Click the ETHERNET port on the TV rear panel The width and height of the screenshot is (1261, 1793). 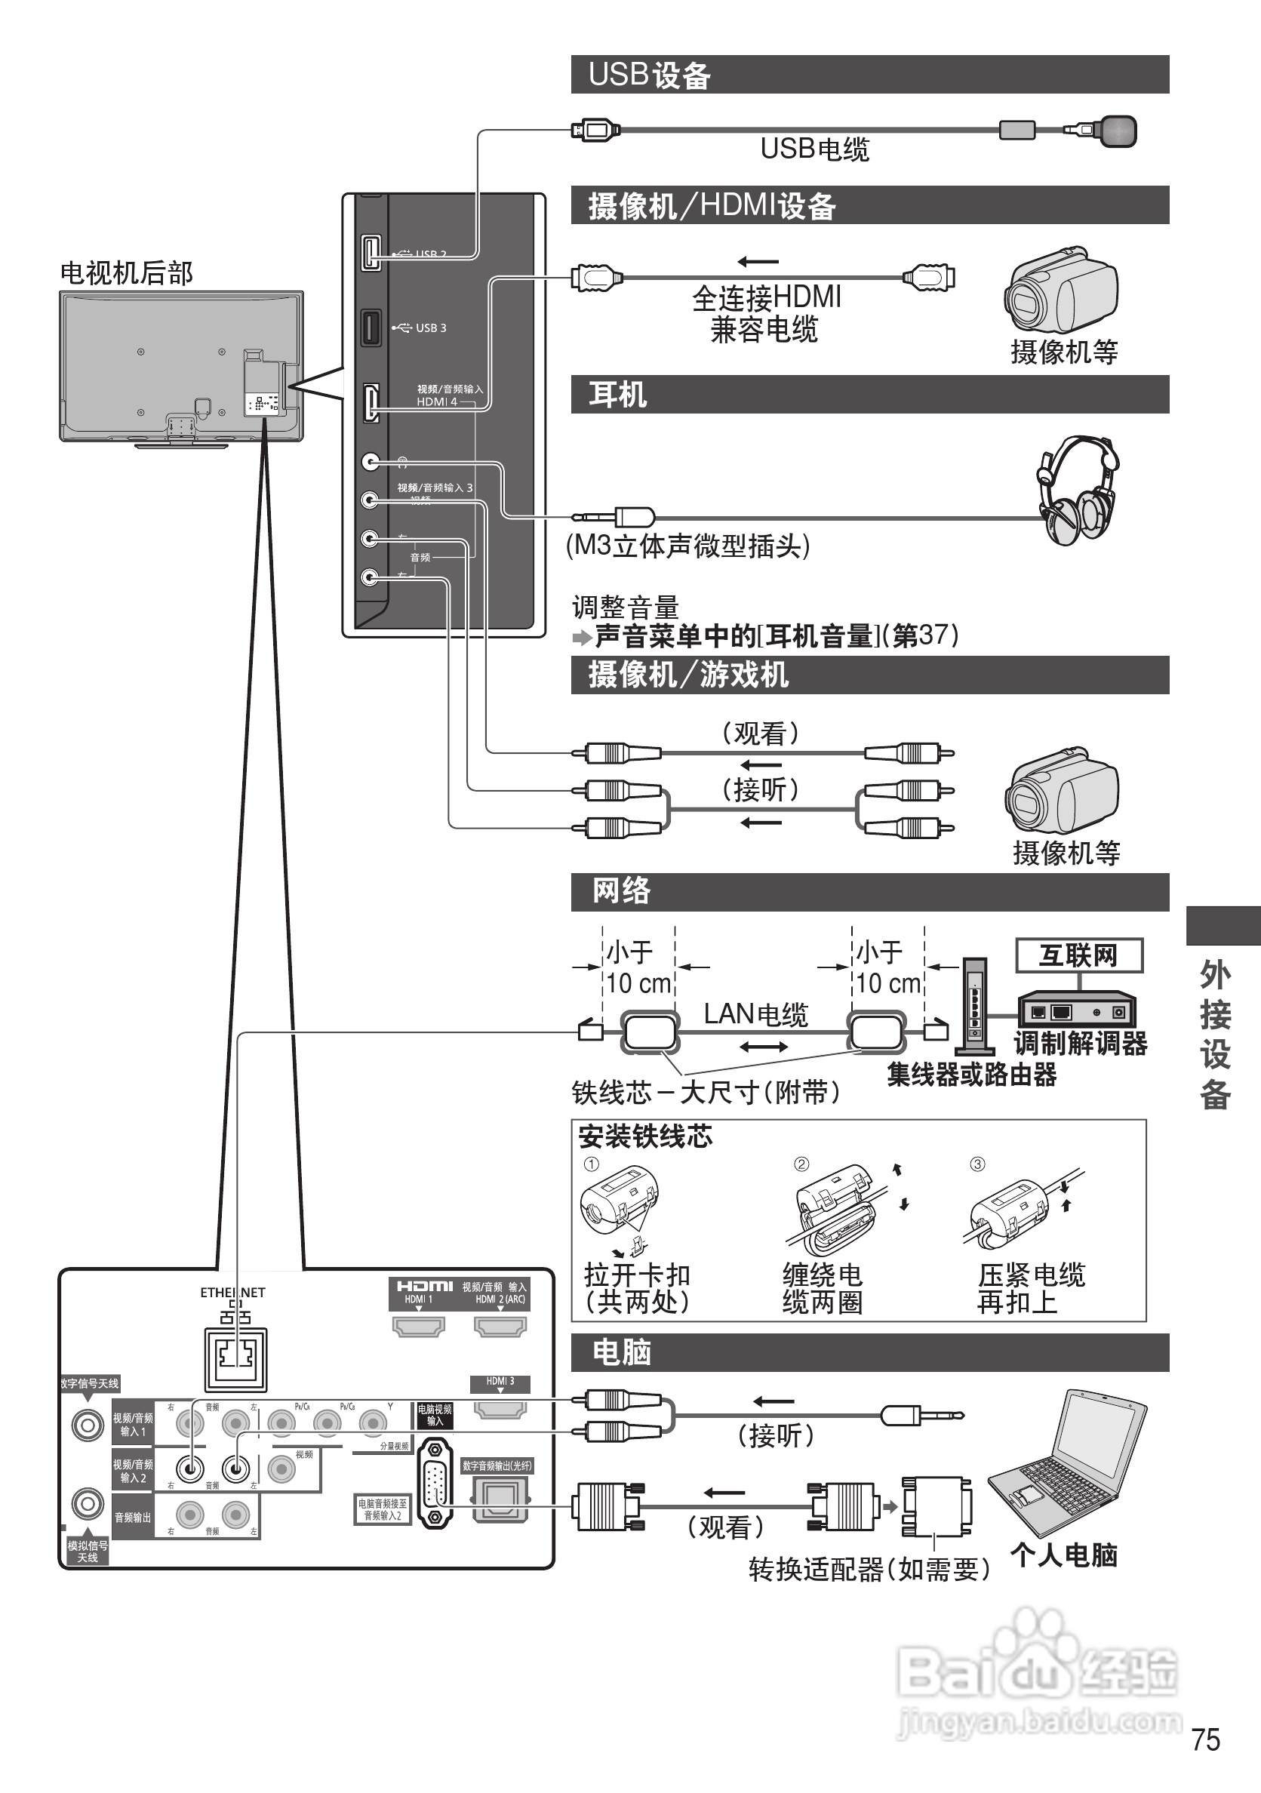coord(235,1358)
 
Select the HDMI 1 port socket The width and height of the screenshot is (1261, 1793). coord(419,1326)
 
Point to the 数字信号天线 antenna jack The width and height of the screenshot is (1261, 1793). coord(88,1425)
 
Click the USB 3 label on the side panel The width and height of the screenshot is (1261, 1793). coord(430,328)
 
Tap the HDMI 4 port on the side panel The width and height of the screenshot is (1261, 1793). coord(371,403)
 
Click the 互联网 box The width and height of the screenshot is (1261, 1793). coord(1078,955)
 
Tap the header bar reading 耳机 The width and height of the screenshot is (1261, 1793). coord(870,395)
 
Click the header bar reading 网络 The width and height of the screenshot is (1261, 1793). coord(870,892)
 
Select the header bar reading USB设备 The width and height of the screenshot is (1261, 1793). coord(870,75)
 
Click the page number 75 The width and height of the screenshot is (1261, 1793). coord(1206,1740)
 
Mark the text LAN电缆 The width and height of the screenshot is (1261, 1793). coord(755,1014)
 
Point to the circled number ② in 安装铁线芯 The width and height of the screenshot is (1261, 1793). coord(802,1164)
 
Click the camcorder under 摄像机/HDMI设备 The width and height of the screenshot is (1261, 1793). coord(1061,289)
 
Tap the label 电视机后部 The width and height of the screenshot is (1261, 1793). coord(127,273)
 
